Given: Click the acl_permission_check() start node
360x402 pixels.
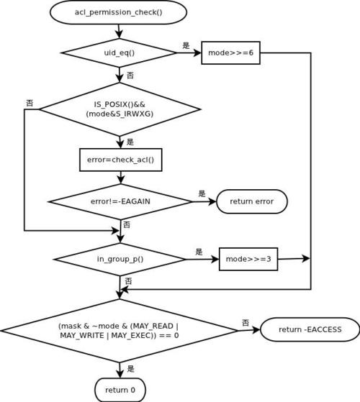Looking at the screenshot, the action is click(x=118, y=12).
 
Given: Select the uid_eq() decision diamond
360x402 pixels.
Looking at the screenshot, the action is click(x=120, y=52).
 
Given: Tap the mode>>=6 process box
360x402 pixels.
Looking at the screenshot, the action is click(x=230, y=52).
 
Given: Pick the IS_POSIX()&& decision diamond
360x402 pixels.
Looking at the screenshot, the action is click(x=120, y=109).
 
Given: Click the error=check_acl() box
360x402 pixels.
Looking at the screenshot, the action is click(x=120, y=160).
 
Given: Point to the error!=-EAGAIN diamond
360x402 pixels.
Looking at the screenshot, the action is click(x=120, y=201).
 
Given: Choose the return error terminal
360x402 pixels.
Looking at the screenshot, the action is click(x=252, y=201).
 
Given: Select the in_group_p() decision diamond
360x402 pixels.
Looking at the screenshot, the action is click(x=120, y=259).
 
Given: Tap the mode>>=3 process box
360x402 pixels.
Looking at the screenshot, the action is click(x=248, y=259).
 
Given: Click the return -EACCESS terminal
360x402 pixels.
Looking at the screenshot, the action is click(x=310, y=329).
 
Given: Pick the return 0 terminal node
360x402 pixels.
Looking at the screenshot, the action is click(x=120, y=390).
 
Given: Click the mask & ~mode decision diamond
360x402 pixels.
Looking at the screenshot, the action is click(x=120, y=331).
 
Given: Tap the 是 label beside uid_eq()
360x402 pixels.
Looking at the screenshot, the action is click(x=186, y=45).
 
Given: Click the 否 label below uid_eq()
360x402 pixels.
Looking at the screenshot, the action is click(x=130, y=76).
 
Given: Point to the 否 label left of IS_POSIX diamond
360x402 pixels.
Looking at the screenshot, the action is click(x=30, y=103).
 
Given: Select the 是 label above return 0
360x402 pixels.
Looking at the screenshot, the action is click(x=130, y=369).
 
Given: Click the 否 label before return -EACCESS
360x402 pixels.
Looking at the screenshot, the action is click(x=246, y=322).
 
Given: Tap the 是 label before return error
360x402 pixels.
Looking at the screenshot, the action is click(x=202, y=193).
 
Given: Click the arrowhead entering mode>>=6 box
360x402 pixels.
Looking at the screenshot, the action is click(x=197, y=52).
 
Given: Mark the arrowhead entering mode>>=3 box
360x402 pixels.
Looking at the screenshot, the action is click(x=215, y=259).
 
